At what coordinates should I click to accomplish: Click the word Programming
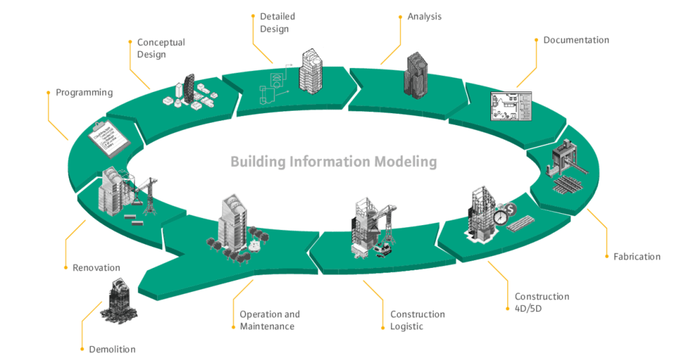coord(84,92)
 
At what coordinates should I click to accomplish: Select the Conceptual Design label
coord(161,49)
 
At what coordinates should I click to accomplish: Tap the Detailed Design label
coord(278,23)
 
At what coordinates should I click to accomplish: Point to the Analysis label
coord(424,17)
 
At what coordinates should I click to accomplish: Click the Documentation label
coord(576,40)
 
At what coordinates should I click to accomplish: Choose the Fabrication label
coord(636,257)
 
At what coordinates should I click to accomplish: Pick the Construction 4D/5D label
coord(541,302)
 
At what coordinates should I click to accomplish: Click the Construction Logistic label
coord(417,321)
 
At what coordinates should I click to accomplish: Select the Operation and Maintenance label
coord(270,321)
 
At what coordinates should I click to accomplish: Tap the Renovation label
coord(96,267)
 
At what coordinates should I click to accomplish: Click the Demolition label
coord(111,349)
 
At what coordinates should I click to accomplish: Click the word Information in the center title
coord(330,162)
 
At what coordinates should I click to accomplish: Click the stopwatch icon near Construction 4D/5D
coord(501,218)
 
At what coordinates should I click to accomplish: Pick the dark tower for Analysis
coord(416,74)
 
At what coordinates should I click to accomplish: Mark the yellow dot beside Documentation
coord(536,40)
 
